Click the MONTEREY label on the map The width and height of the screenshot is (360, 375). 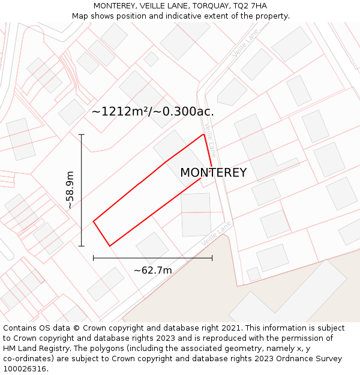[x=213, y=173]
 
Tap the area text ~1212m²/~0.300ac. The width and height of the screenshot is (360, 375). [x=152, y=111]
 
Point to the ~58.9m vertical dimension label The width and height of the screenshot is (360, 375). [x=70, y=190]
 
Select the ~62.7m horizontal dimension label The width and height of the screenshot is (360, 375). [x=152, y=270]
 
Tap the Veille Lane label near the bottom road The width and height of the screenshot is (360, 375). [x=216, y=233]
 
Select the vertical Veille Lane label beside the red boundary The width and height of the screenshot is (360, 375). [x=210, y=140]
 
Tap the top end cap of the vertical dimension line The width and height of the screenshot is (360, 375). [x=82, y=134]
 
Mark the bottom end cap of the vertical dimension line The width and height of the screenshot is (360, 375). [x=82, y=246]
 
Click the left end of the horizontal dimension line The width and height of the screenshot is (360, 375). [x=94, y=258]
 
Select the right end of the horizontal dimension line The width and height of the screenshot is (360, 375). [x=212, y=258]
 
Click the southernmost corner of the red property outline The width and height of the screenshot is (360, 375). [x=110, y=246]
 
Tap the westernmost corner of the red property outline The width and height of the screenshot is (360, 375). [x=94, y=221]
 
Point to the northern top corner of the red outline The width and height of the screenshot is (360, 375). [x=204, y=134]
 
